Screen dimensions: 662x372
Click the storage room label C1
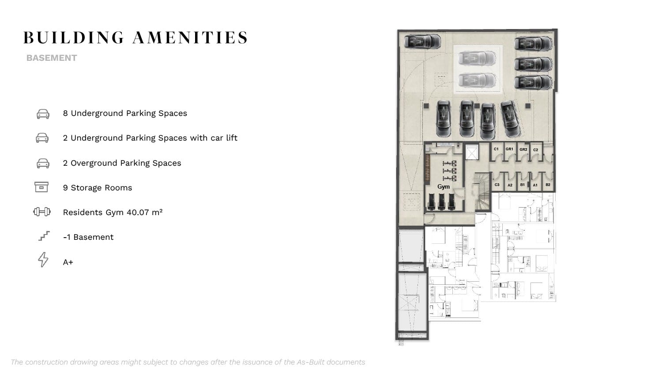click(496, 149)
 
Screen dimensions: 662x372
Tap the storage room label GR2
click(523, 149)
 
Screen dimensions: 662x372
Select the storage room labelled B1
click(523, 185)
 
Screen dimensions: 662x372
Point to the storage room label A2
click(510, 185)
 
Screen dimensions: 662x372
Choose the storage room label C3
click(497, 185)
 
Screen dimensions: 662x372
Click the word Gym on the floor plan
click(443, 186)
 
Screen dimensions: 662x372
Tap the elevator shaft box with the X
click(472, 153)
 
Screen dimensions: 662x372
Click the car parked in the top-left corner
click(422, 41)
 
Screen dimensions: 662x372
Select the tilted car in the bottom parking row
click(510, 119)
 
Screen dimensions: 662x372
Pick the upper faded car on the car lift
click(477, 58)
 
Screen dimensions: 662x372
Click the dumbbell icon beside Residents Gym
click(41, 212)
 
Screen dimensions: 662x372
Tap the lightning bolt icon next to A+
click(43, 260)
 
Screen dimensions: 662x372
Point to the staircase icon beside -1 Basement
click(44, 236)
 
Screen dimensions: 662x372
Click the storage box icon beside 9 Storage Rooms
click(41, 187)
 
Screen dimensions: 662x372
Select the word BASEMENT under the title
click(52, 58)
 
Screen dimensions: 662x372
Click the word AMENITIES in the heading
click(190, 38)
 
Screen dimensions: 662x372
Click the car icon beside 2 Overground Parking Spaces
click(43, 163)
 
